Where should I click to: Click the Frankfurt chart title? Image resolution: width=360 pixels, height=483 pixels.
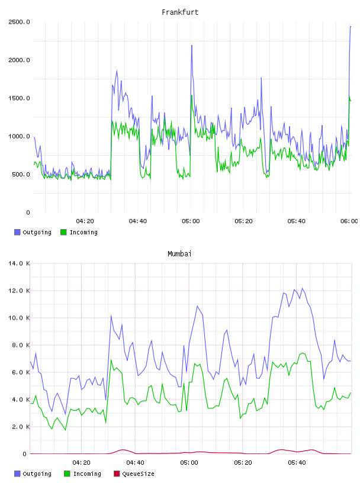180,12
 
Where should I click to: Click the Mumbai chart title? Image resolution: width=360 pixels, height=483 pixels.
179,254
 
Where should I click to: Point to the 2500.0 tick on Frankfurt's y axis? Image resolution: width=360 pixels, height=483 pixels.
19,22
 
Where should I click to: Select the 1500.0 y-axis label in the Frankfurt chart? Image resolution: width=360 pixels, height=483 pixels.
19,98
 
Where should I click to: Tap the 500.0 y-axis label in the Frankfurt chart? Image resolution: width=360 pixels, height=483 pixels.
21,175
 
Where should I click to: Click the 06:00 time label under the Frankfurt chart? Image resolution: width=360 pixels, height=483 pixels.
349,221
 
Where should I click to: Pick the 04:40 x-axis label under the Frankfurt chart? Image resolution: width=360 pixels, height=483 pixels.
138,221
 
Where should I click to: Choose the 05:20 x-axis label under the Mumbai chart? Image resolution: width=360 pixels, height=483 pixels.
243,463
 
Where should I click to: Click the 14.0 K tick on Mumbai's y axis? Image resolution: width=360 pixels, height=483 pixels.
19,263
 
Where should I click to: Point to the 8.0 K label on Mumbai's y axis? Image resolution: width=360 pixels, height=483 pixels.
21,345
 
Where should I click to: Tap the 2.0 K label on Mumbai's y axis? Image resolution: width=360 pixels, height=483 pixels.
21,427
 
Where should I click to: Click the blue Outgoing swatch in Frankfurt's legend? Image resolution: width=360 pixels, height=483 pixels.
17,232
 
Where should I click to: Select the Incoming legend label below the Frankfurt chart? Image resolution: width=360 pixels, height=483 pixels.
83,232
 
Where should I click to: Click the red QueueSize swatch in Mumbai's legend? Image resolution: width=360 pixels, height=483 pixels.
117,474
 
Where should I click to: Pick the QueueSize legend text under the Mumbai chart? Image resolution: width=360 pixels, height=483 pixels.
138,474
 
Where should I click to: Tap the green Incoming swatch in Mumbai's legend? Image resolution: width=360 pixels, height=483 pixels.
67,474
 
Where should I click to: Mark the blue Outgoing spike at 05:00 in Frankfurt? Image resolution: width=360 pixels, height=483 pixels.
192,46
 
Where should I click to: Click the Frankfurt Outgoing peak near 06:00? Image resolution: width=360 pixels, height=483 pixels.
351,27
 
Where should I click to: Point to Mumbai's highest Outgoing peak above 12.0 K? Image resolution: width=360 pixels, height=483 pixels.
303,288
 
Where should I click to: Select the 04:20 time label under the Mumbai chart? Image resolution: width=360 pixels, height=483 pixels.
81,463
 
